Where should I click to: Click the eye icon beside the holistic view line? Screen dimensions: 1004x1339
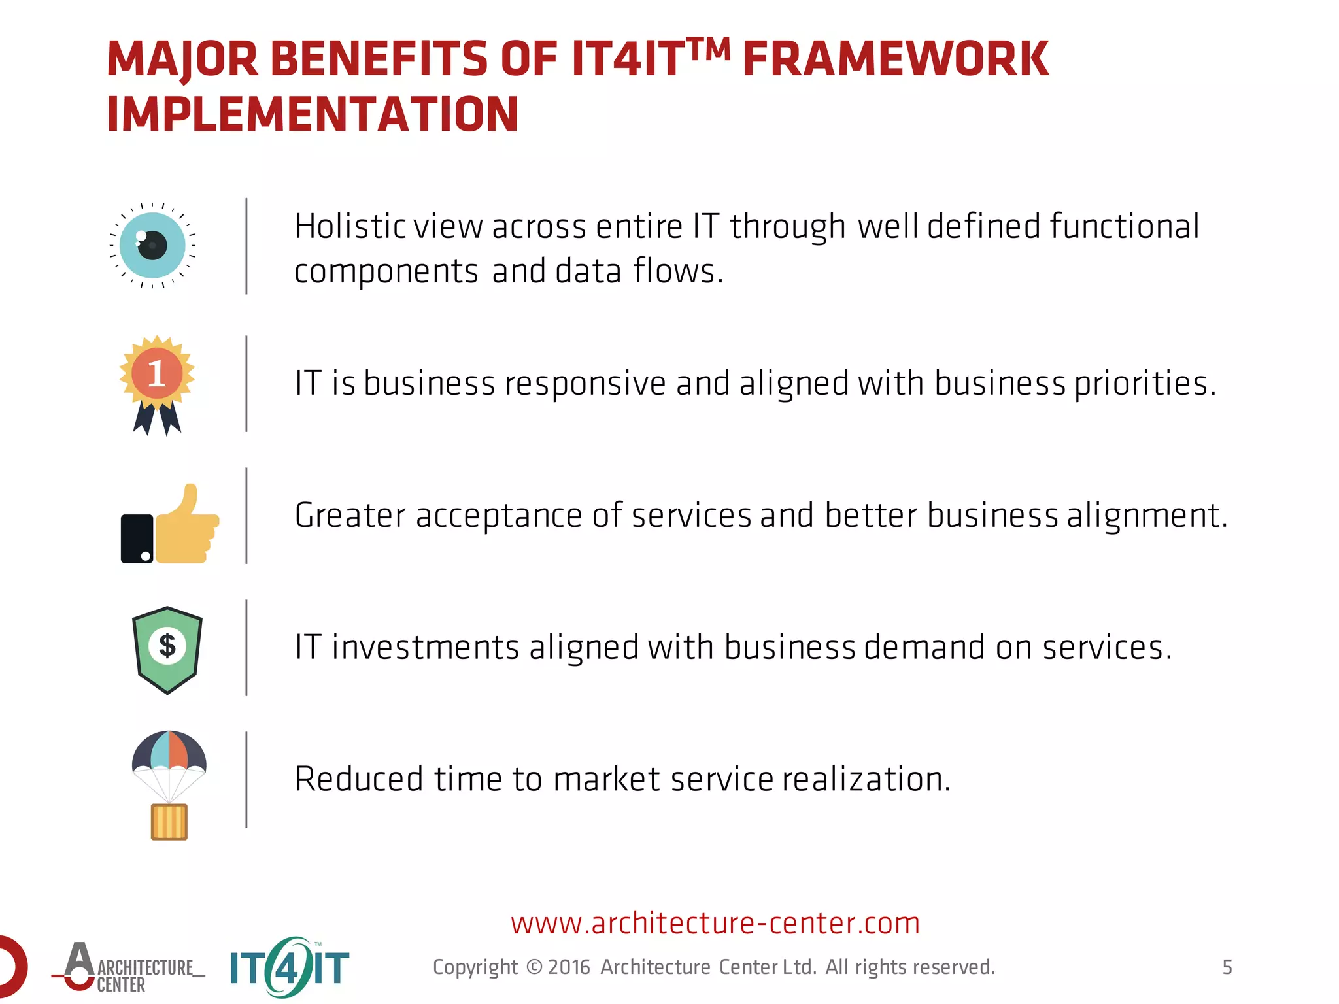[x=153, y=246]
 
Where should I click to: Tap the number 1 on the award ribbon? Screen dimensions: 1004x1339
[x=157, y=374]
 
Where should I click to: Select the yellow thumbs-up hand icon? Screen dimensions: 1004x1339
[x=187, y=527]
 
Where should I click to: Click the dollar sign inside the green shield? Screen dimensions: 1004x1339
[x=167, y=646]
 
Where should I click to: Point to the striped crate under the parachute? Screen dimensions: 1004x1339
[x=169, y=822]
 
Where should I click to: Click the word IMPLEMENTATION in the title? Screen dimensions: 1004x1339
[x=313, y=115]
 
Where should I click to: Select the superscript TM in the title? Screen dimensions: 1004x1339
[x=709, y=49]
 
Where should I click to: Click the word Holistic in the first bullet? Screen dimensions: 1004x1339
[x=350, y=227]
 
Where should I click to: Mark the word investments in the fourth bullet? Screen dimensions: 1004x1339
[x=425, y=648]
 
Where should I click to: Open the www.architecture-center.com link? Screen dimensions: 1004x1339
[x=715, y=924]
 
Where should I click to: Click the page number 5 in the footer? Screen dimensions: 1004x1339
[x=1227, y=967]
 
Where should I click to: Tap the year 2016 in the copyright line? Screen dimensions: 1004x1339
[x=569, y=967]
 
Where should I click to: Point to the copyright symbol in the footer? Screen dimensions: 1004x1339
[x=534, y=967]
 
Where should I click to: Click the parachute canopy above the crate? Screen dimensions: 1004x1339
[x=169, y=752]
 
